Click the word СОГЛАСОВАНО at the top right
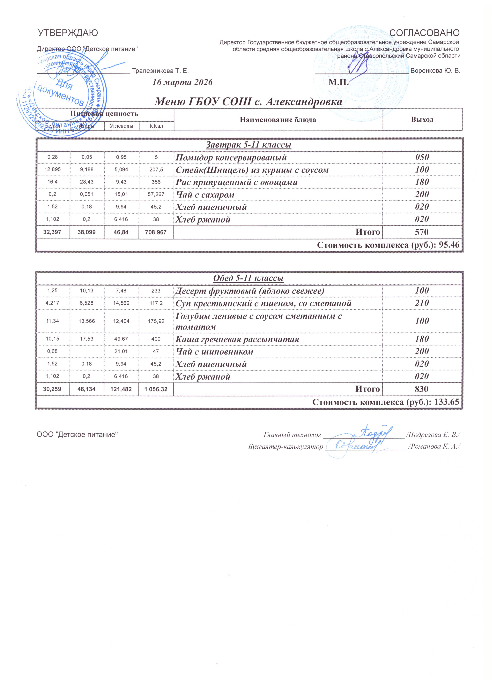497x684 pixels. (425, 33)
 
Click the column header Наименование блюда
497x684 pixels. (278, 120)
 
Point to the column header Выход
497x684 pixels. (422, 119)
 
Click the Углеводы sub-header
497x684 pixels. (122, 126)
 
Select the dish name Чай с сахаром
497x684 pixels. (205, 195)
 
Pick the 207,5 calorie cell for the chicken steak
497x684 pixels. (156, 170)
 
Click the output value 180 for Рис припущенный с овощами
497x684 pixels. (422, 182)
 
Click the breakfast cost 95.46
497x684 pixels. (449, 245)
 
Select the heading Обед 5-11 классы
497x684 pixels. (248, 278)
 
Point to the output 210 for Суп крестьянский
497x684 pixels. (422, 303)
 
